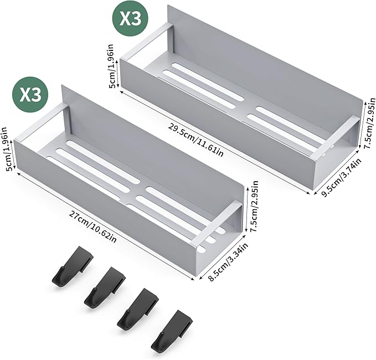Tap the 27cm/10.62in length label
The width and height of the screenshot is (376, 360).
tap(93, 227)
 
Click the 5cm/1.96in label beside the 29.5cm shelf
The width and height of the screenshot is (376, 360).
tap(114, 66)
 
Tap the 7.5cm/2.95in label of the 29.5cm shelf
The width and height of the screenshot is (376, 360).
tap(369, 123)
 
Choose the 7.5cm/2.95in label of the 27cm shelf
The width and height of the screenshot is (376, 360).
tap(254, 207)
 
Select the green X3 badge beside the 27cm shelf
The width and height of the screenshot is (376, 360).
tap(30, 95)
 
